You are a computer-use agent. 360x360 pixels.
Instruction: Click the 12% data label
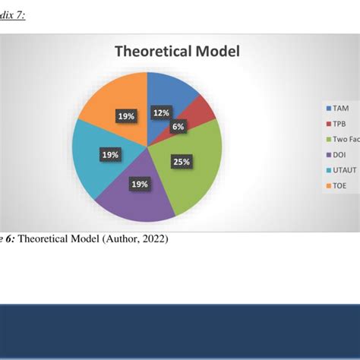[x=161, y=113]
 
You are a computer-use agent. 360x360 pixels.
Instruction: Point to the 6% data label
[x=178, y=127]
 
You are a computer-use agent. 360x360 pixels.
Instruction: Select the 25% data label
[x=181, y=161]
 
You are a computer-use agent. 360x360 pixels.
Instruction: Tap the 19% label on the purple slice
[x=140, y=183]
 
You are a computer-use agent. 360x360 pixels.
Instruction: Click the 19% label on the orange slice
[x=126, y=116]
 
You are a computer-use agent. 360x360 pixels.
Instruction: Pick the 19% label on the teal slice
[x=110, y=155]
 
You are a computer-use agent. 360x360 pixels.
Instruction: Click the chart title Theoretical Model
[x=177, y=52]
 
